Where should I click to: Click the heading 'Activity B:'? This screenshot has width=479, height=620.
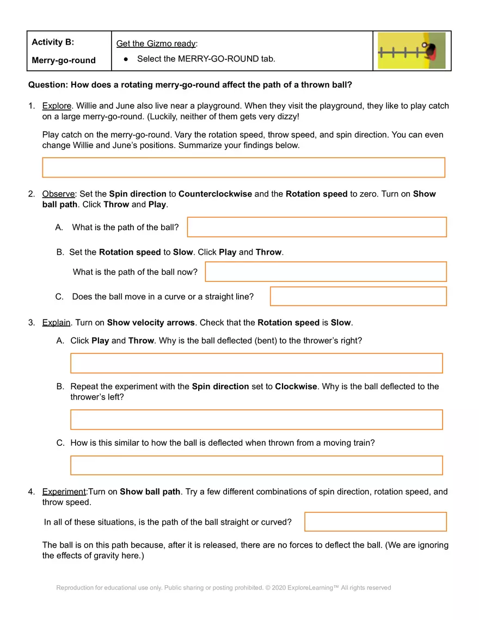(x=53, y=42)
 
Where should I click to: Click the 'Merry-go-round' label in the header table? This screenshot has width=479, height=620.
(x=64, y=60)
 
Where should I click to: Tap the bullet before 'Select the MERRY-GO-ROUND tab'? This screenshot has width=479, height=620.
(x=126, y=59)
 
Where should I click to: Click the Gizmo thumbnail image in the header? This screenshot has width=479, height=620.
(x=412, y=51)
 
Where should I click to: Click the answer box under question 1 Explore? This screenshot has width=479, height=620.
(x=243, y=168)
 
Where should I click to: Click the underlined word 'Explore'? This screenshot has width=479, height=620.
(x=56, y=106)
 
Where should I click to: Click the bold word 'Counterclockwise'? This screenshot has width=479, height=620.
(x=215, y=194)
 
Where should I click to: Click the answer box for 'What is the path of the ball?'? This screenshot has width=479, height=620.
(x=316, y=227)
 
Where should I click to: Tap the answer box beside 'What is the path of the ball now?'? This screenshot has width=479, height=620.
(x=326, y=272)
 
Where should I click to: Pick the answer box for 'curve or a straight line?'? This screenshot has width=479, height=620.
(x=358, y=296)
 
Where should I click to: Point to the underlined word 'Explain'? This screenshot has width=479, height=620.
(x=56, y=322)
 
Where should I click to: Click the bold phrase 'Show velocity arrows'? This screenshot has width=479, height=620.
(x=151, y=322)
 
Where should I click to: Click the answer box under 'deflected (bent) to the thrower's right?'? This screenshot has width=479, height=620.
(x=256, y=363)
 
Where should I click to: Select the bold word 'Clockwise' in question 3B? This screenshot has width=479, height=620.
(x=296, y=386)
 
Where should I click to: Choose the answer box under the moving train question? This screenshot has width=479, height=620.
(x=256, y=465)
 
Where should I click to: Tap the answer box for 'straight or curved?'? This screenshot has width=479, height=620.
(x=375, y=521)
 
